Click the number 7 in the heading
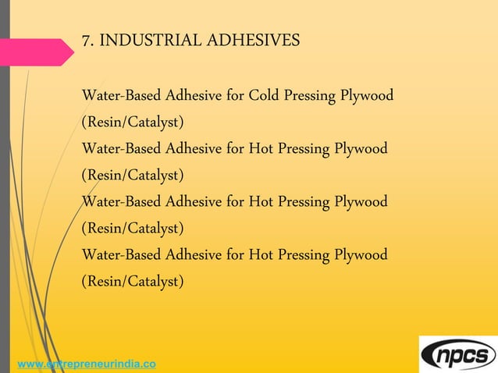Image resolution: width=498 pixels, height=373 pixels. point(86,41)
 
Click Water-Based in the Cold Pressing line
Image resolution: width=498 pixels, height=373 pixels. point(121,97)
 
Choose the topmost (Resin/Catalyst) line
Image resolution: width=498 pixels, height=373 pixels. point(133,123)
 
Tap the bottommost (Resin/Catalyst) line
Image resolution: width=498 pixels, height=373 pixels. point(133,281)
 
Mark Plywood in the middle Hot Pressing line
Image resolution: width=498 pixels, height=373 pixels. point(361,202)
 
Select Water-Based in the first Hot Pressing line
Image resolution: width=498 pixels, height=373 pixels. point(121,149)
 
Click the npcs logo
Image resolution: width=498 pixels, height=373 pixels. point(458,354)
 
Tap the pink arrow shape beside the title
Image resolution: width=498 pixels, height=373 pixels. point(43,52)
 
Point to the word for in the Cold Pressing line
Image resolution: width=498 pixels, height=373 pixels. point(236,97)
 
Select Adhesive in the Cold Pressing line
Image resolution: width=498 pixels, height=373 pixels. point(193,97)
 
